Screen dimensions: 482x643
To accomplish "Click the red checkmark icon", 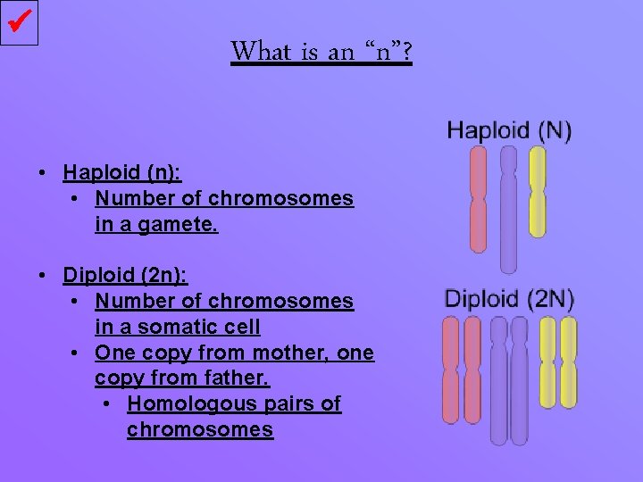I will pos(21,22).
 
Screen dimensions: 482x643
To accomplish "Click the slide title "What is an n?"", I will pos(321,51).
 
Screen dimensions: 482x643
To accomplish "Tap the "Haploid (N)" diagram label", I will pos(509,130).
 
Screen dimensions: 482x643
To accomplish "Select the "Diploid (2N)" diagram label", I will pos(509,298).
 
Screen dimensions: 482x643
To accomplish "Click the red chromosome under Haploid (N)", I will pos(479,197).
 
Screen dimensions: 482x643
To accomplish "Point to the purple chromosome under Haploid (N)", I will pos(508,208).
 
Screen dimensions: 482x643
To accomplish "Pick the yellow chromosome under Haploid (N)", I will pos(537,191).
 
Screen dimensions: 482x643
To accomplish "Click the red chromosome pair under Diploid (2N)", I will pos(463,369).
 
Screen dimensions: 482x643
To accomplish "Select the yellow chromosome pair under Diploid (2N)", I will pos(557,361).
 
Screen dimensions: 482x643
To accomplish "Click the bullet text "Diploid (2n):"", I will pos(125,276).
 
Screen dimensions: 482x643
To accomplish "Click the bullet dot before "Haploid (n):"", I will pos(43,172).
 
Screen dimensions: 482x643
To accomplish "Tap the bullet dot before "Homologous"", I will pos(107,404).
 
